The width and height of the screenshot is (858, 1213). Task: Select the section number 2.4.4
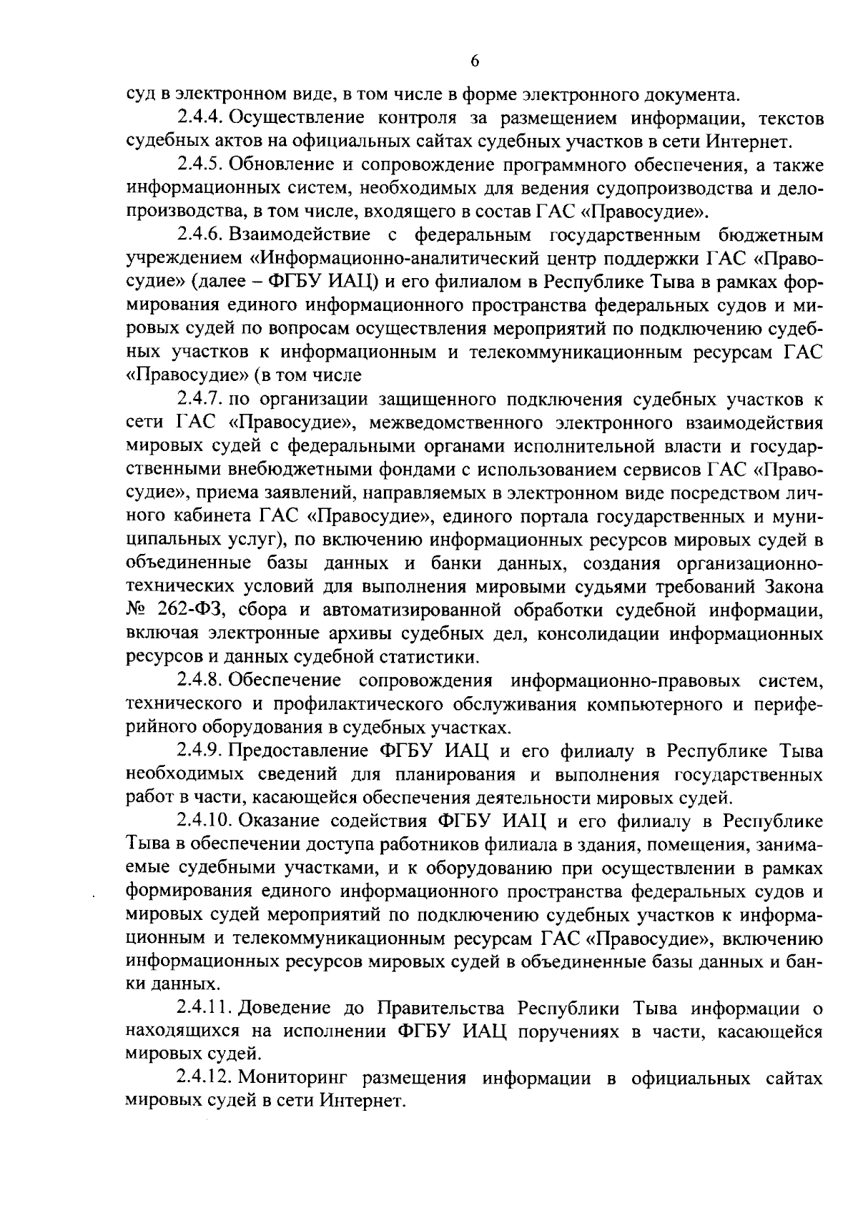tap(199, 117)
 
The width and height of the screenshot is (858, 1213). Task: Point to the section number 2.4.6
tap(199, 234)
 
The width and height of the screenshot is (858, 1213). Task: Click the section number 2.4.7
tap(199, 398)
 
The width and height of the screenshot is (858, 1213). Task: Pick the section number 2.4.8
tap(199, 680)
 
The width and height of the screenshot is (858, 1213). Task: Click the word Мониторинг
tap(300, 1079)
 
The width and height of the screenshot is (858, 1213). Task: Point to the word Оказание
tap(283, 821)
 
